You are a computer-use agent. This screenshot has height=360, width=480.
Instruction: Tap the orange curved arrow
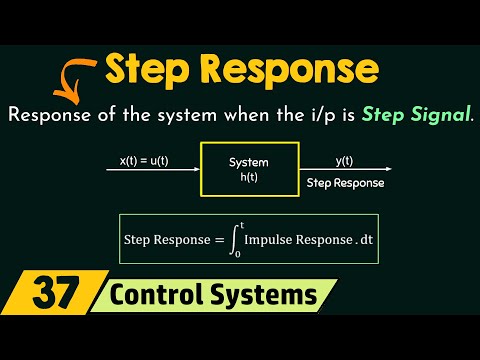[71, 77]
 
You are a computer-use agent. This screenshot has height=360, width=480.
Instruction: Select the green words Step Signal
[419, 114]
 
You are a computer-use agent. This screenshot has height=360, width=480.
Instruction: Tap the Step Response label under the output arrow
[345, 183]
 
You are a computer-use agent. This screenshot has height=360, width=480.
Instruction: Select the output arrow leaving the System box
[340, 171]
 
